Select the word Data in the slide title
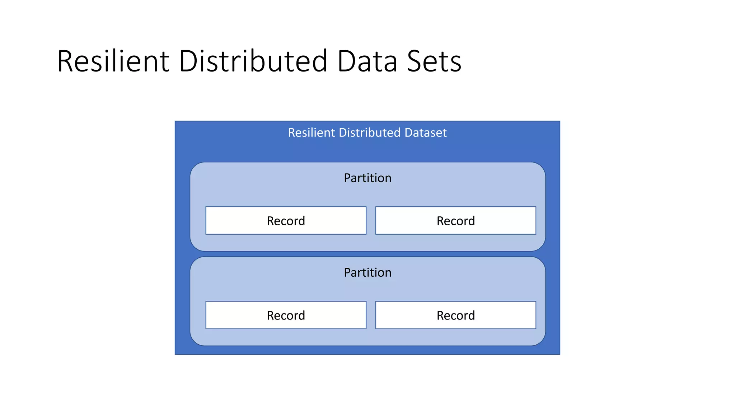pos(367,61)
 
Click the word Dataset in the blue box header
pos(426,133)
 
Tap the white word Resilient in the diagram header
pos(312,133)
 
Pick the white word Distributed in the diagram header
pos(370,133)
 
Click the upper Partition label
pos(367,178)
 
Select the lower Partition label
pos(367,272)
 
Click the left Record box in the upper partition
pos(286,221)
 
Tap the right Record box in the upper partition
pos(455,221)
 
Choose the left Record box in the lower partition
pos(286,315)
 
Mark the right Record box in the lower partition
pos(455,315)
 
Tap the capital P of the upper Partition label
pos(347,178)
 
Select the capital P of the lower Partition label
pos(347,272)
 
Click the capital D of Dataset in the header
pos(408,133)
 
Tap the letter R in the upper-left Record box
pos(271,221)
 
